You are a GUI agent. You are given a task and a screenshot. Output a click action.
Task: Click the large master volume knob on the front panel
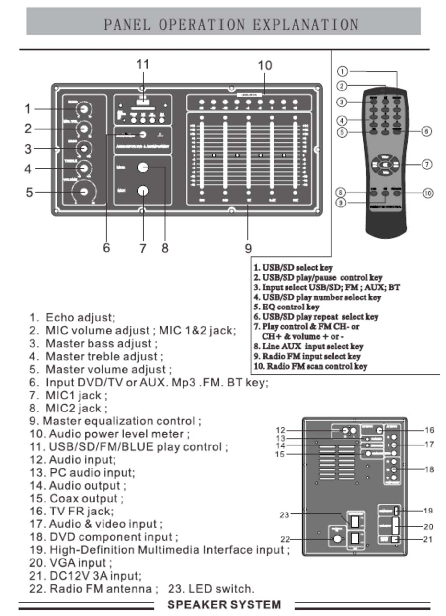point(84,192)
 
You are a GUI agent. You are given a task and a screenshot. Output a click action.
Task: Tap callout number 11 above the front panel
point(143,64)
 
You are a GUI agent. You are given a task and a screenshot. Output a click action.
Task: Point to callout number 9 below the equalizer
point(248,248)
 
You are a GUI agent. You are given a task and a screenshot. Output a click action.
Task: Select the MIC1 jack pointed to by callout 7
point(143,191)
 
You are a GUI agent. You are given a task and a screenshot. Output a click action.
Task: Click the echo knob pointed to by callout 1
point(83,109)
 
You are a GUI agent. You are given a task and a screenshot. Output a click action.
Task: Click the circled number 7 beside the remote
point(427,164)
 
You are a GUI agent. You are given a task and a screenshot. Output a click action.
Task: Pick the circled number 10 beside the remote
point(428,193)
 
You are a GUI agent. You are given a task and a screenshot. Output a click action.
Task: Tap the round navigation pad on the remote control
point(385,164)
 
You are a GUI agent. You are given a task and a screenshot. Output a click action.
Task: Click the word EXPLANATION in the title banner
point(305,24)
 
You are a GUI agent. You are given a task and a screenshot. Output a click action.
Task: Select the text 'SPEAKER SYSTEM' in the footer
point(224,605)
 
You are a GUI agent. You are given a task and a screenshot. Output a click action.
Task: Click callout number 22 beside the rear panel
point(285,539)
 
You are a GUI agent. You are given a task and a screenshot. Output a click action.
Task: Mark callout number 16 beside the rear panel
point(429,430)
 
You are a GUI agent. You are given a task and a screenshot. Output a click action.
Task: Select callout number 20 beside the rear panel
point(428,526)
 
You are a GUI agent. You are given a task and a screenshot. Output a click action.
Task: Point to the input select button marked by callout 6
point(143,134)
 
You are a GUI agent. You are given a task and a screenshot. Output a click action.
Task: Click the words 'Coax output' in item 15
point(84,498)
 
